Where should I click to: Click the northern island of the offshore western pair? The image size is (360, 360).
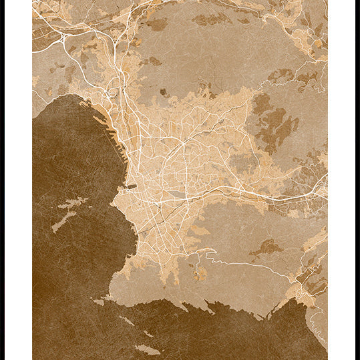pos(73,202)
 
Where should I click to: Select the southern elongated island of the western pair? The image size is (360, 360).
pos(64,220)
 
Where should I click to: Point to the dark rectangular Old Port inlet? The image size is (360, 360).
pos(131,187)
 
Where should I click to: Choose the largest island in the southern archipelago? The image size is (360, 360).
pos(147,349)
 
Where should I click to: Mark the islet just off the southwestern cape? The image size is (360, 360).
pos(99,303)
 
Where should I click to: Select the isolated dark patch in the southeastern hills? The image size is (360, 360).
pos(266,248)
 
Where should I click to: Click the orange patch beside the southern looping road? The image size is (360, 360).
pos(200,274)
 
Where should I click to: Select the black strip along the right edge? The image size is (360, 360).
pos(357,180)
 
